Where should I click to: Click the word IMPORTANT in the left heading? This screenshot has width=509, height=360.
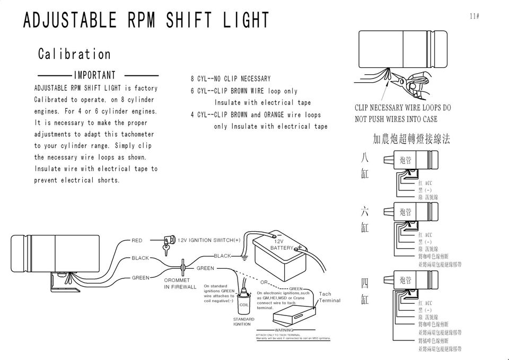(94, 75)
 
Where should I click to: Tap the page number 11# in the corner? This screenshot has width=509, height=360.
(475, 16)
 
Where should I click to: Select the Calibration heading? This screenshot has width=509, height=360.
(74, 54)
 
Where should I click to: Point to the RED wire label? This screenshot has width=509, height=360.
(137, 241)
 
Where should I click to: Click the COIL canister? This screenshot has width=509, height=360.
(243, 301)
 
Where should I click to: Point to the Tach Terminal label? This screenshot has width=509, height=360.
(329, 297)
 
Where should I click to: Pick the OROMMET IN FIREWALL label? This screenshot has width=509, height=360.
(180, 284)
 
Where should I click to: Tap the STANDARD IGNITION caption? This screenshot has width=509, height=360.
(244, 321)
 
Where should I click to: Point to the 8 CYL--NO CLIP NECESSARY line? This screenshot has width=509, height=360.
(231, 79)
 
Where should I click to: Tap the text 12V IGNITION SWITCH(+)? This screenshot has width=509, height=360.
(209, 240)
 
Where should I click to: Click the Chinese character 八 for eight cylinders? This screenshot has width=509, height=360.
(364, 158)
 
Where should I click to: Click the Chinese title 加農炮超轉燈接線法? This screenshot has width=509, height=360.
(411, 139)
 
